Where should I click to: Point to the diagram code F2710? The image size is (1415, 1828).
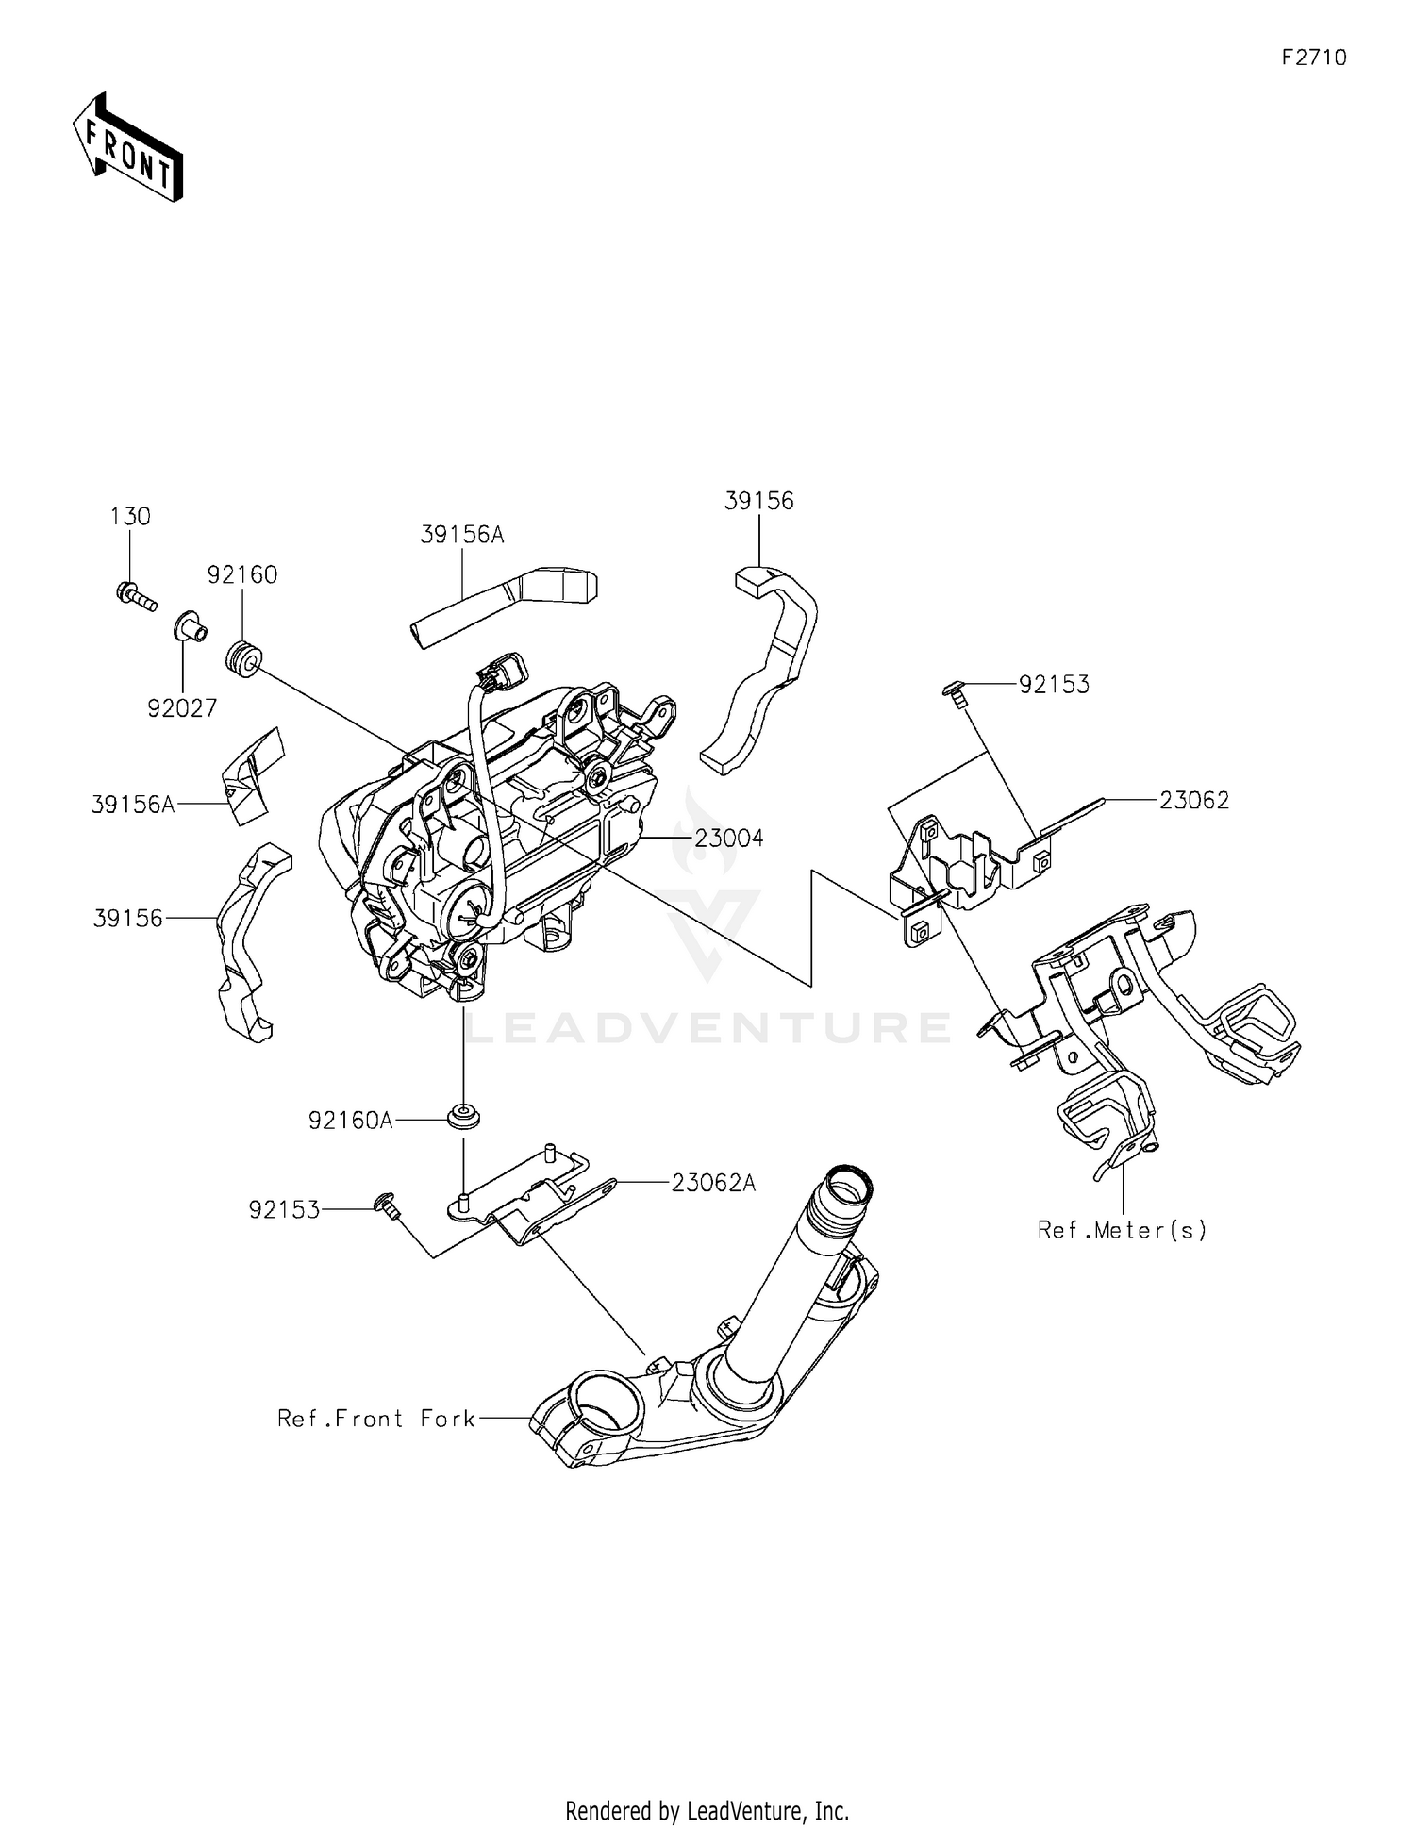(1314, 58)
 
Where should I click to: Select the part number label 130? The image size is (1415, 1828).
(130, 516)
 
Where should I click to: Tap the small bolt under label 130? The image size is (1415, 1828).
(135, 596)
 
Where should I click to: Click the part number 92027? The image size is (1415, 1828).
(182, 707)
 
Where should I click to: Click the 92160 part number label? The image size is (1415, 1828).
(242, 574)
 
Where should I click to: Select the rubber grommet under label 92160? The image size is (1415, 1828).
(244, 657)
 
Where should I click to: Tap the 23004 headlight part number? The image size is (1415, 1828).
(729, 838)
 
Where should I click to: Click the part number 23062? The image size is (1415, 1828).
(1194, 800)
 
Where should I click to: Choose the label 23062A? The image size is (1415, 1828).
(713, 1182)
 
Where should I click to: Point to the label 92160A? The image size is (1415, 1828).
(350, 1120)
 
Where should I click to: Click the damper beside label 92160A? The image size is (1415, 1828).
(463, 1115)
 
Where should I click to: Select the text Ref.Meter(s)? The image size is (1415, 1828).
(1122, 1229)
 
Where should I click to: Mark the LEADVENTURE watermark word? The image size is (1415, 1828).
(707, 1027)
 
